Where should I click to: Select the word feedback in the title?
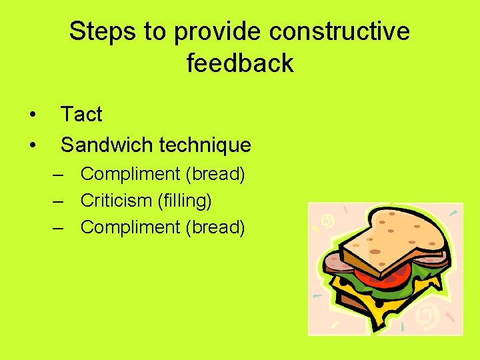(240, 63)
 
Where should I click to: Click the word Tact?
(81, 115)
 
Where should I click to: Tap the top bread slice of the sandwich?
(393, 237)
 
